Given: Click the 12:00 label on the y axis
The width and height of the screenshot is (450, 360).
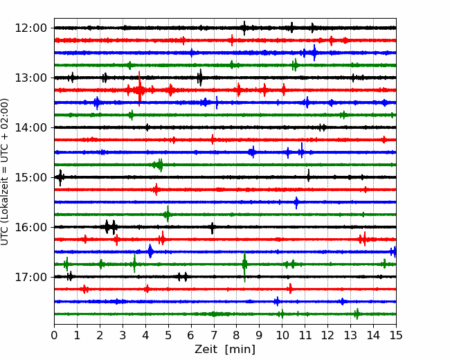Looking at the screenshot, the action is tap(30, 28).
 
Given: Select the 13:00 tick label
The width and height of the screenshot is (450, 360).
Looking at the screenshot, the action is tap(30, 78).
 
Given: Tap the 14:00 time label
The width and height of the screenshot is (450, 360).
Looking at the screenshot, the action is tap(30, 127).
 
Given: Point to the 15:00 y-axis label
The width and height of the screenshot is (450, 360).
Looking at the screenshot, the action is tap(30, 177).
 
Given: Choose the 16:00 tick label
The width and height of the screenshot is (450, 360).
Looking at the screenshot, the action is tap(30, 227).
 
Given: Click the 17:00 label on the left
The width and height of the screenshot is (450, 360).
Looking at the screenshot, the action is tap(30, 277).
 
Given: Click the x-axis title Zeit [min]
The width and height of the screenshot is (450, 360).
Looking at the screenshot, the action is tap(225, 350).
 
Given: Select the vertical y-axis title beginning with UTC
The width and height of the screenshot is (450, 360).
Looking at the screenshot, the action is tap(5, 172).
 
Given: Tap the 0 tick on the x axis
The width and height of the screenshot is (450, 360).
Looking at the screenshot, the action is tap(54, 335).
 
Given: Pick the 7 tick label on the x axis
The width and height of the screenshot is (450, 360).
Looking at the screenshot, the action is tap(214, 335).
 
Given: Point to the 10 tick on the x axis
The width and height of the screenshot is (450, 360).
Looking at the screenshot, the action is tap(282, 335).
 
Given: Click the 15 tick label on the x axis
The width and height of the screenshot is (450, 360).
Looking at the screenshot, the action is tap(396, 335).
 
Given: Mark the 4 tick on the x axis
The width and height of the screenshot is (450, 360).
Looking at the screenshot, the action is tap(145, 335).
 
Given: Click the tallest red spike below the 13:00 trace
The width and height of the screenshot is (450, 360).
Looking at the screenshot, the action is tap(139, 89).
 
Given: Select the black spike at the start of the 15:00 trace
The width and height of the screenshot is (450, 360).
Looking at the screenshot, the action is tap(60, 178).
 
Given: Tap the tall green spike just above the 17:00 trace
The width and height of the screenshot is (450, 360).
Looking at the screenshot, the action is tap(244, 266).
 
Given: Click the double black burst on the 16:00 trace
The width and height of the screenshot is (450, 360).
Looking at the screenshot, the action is tap(111, 227).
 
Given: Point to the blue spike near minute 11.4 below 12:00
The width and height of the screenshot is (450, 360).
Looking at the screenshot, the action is tap(314, 53).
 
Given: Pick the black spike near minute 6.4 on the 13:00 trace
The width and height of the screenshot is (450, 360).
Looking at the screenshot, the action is tap(200, 78).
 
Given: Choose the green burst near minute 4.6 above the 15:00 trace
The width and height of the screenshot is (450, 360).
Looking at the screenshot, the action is tap(159, 165).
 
